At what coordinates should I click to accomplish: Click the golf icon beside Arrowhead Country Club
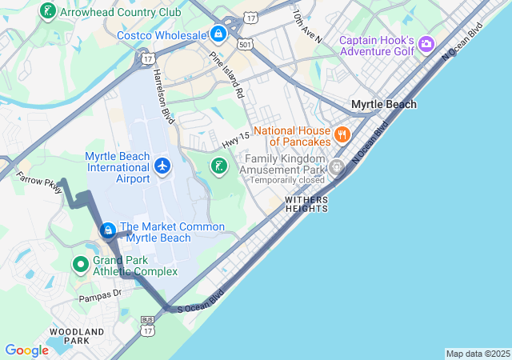[48, 13]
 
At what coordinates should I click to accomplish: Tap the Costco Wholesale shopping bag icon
[218, 34]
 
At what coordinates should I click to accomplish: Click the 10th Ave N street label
[306, 27]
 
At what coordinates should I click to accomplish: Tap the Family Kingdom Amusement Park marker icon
[336, 167]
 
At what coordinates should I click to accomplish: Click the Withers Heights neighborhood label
[306, 203]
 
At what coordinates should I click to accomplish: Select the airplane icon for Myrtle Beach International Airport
[162, 166]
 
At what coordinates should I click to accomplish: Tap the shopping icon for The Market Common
[108, 230]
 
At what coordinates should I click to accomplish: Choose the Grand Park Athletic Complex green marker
[80, 264]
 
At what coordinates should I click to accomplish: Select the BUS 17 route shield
[146, 322]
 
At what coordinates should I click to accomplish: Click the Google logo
[26, 350]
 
